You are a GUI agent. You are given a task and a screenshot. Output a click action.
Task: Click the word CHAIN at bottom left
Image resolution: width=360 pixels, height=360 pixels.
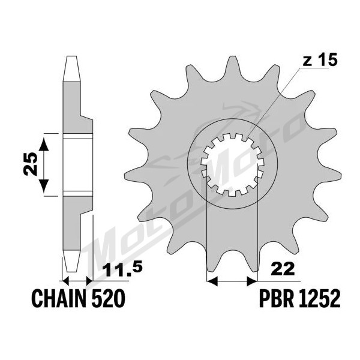pyautogui.click(x=61, y=299)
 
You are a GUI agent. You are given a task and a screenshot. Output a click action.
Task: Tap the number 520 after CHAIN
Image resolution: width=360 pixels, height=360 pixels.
pyautogui.click(x=109, y=299)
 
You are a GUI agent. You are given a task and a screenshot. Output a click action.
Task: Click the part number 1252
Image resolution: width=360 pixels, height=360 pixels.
pyautogui.click(x=319, y=299)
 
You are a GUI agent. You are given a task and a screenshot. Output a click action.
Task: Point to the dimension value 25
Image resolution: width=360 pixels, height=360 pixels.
pyautogui.click(x=31, y=164)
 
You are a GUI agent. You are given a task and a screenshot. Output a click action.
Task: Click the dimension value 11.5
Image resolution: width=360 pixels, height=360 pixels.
pyautogui.click(x=123, y=270)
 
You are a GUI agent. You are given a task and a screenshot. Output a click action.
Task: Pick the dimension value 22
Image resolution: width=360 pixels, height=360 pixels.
pyautogui.click(x=283, y=269)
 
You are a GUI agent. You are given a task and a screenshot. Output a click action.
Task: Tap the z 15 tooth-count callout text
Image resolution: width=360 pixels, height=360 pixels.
pyautogui.click(x=320, y=60)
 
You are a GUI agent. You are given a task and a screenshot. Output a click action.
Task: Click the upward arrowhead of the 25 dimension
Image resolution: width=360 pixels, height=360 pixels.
pyautogui.click(x=44, y=144)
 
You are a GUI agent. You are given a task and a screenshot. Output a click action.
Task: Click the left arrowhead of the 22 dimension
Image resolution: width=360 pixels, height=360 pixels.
pyautogui.click(x=212, y=281)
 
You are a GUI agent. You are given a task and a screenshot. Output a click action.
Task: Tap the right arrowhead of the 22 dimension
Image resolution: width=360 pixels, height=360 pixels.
pyautogui.click(x=251, y=281)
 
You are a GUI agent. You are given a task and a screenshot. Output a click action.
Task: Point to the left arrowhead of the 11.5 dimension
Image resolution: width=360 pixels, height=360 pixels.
pyautogui.click(x=65, y=280)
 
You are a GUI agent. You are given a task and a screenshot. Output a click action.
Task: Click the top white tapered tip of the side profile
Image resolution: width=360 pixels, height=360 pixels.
pyautogui.click(x=71, y=68)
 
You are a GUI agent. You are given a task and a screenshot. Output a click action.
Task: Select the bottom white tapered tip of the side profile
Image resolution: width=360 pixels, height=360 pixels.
pyautogui.click(x=71, y=261)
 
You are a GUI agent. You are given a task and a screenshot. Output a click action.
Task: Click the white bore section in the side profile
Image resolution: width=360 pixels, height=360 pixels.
pyautogui.click(x=78, y=165)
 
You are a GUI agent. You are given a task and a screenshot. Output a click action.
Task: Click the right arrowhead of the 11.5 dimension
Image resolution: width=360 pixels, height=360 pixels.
pyautogui.click(x=89, y=280)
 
